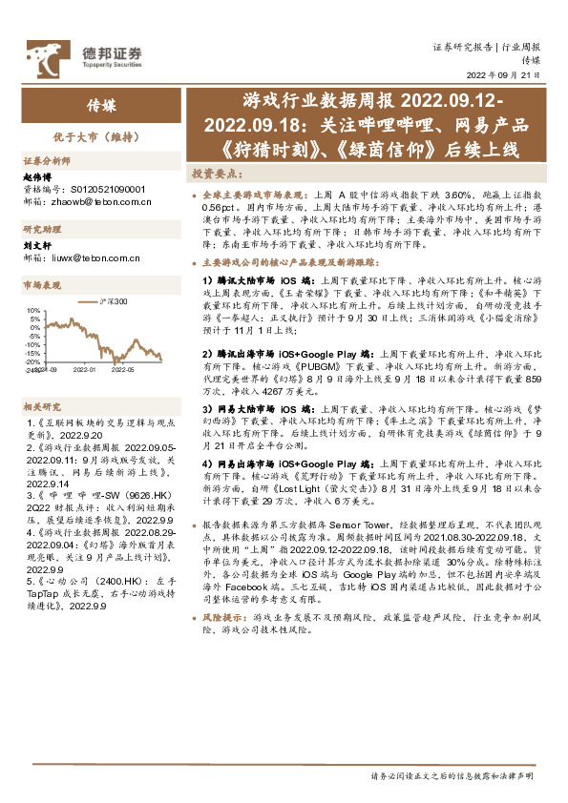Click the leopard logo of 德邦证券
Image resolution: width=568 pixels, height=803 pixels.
click(44, 54)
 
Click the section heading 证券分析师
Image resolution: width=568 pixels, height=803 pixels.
click(46, 161)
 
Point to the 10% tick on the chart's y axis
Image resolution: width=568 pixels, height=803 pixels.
click(33, 310)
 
